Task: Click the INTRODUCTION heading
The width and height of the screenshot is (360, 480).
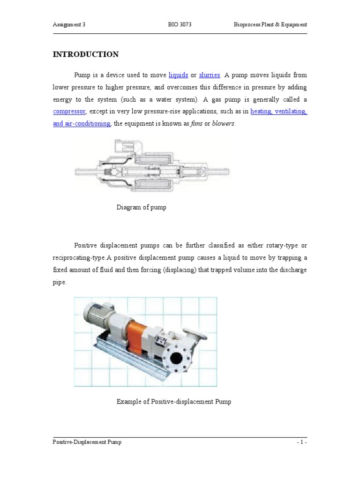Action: [x=85, y=54]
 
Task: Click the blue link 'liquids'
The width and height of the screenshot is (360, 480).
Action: [x=178, y=75]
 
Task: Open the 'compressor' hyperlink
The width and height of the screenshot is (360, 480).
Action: [x=69, y=112]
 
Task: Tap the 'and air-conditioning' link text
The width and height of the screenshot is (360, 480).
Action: [x=81, y=124]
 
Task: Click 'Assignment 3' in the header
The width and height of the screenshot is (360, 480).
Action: [x=70, y=25]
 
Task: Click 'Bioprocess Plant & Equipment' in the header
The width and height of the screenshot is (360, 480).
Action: [x=270, y=25]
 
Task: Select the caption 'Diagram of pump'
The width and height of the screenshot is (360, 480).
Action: [x=141, y=208]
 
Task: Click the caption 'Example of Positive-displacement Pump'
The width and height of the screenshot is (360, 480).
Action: [x=173, y=402]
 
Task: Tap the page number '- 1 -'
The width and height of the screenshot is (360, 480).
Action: [x=301, y=442]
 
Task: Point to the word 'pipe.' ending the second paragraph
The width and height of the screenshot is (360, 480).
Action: [x=60, y=282]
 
